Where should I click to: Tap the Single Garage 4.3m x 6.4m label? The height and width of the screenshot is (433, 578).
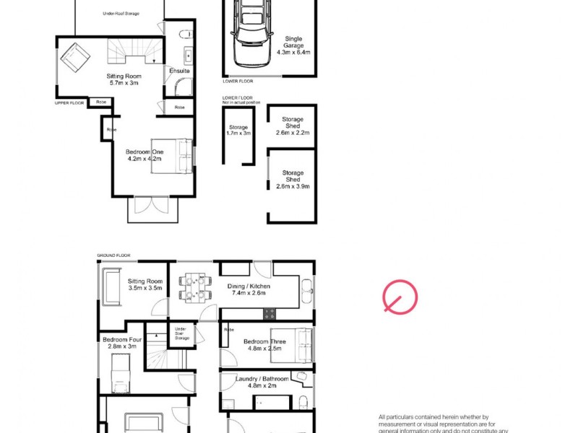[x=293, y=45]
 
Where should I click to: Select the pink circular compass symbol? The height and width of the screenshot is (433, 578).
[x=400, y=298]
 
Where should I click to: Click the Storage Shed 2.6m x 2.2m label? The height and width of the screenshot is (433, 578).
[x=293, y=126]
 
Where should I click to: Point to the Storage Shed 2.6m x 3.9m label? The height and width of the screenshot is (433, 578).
[x=293, y=180]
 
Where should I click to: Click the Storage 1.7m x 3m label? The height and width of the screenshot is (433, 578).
[x=238, y=131]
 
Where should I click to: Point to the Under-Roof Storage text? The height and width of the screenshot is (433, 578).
[x=121, y=13]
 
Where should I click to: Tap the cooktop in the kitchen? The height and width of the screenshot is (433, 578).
[x=269, y=314]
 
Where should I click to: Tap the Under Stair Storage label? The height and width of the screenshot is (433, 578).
[x=182, y=333]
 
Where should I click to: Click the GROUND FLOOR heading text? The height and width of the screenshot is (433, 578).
[x=113, y=255]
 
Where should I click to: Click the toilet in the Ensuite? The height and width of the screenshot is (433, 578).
[x=184, y=32]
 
